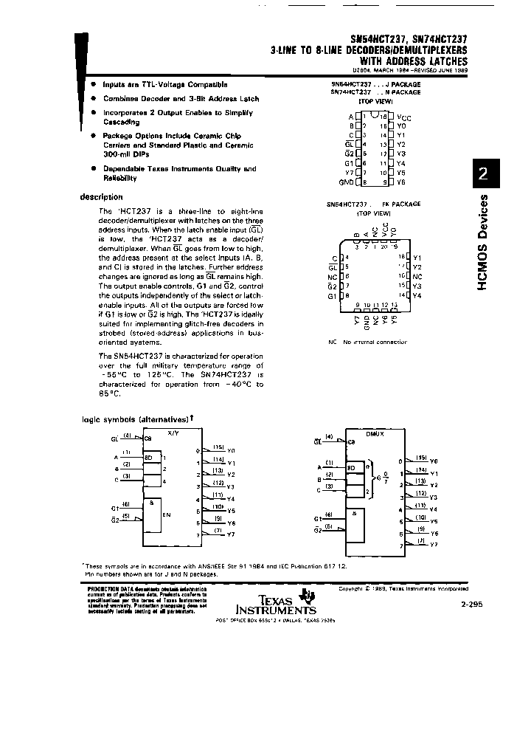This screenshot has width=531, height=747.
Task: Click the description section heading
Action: point(101,197)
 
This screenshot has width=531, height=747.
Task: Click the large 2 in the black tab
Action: point(483,174)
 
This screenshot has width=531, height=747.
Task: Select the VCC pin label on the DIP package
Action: point(404,117)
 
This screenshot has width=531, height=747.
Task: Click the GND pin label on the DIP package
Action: point(346,182)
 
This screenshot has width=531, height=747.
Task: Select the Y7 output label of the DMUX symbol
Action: point(433,544)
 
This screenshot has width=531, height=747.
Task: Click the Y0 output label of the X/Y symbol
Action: point(231,450)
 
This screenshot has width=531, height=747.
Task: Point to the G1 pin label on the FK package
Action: point(331,295)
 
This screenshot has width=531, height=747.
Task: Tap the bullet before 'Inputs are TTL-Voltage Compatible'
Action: point(94,85)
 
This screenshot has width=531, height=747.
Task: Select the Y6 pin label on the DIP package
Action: point(401,182)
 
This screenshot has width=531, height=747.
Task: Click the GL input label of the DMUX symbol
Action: point(317,442)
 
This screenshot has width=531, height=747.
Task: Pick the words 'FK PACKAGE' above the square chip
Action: point(401,204)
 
